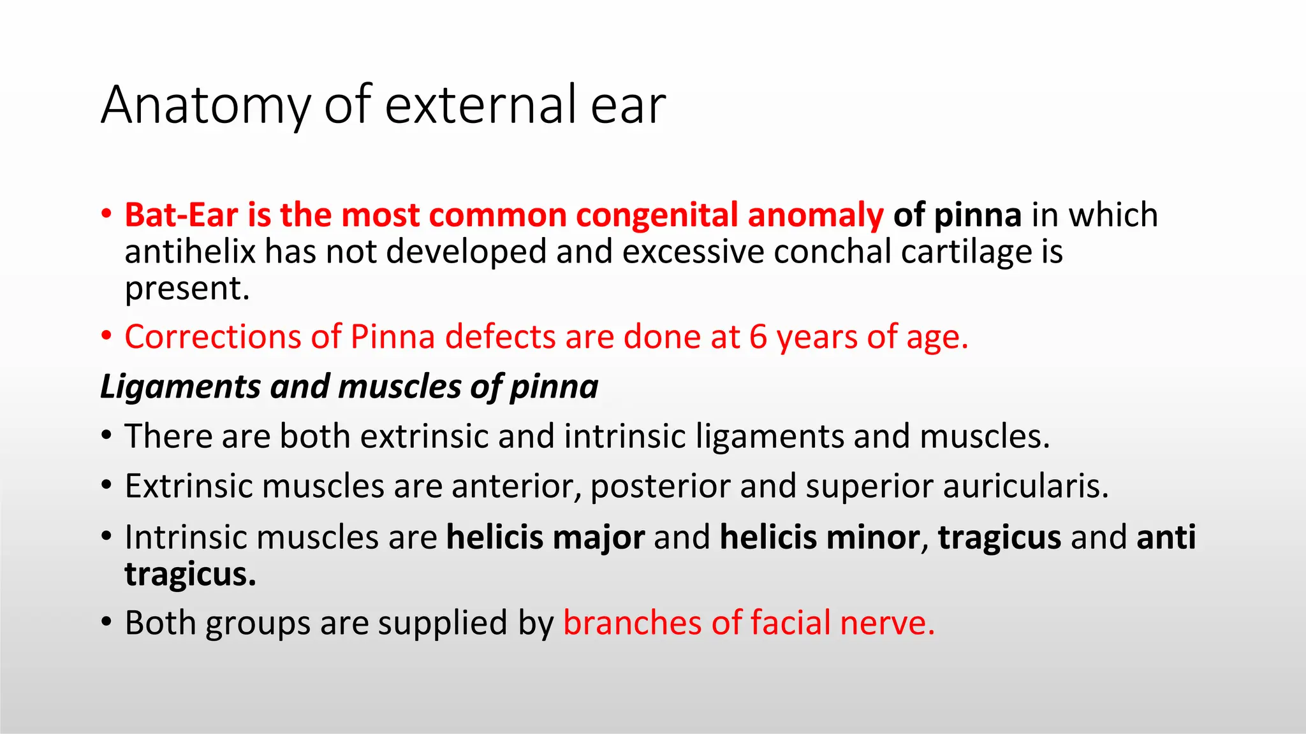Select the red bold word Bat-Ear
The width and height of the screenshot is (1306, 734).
[x=181, y=215]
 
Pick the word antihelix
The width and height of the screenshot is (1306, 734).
[x=190, y=251]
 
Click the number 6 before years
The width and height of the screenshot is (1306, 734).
[x=758, y=336]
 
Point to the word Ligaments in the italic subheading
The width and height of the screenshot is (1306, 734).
[x=180, y=387]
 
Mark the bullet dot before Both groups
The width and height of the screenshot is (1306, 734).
[x=106, y=621]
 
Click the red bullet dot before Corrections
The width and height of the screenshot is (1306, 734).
[x=106, y=335]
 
